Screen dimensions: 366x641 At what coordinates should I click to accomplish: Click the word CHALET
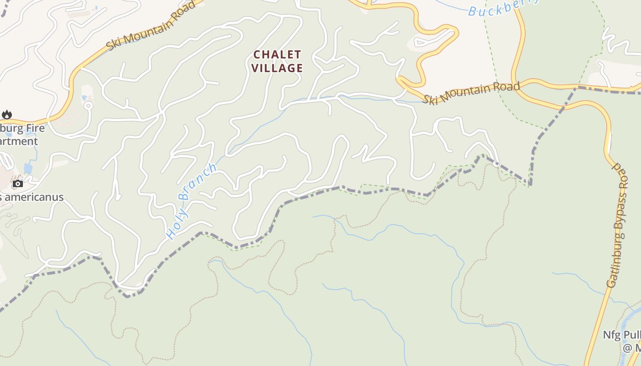(277, 54)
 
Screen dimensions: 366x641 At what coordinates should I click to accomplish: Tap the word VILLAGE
(277, 68)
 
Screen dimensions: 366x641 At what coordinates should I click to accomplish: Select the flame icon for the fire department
(7, 114)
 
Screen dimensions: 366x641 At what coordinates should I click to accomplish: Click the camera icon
(18, 183)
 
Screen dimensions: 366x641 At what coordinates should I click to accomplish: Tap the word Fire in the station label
(35, 128)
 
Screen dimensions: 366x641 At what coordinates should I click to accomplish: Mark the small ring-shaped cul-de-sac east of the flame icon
(88, 106)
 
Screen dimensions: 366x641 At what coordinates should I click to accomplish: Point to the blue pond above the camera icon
(28, 168)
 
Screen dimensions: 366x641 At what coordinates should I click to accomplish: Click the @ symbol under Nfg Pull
(627, 348)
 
